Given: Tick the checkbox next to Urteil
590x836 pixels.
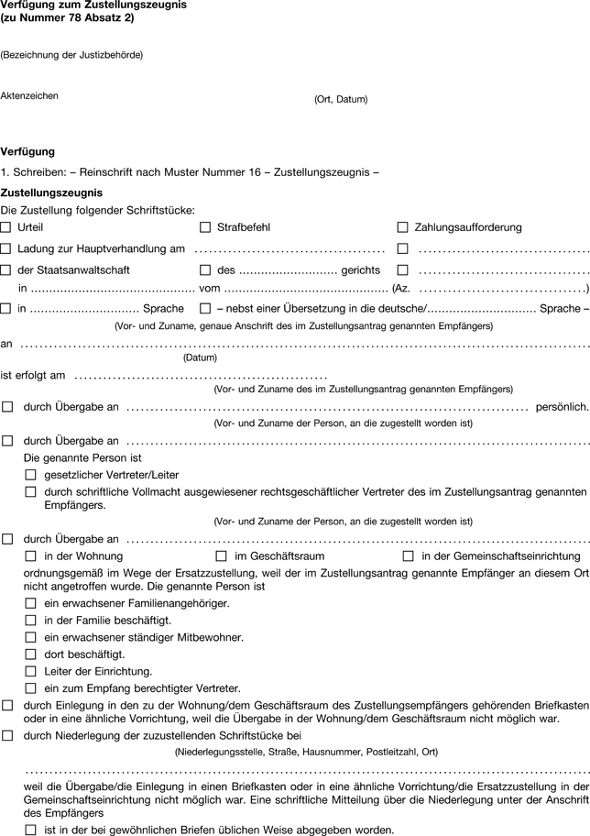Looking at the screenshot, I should tap(6, 226).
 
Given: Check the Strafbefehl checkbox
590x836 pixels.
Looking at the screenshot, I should tap(205, 226).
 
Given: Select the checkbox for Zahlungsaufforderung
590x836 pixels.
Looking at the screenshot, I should tap(403, 226).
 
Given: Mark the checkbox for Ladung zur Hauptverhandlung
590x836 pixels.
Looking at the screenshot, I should tap(6, 248).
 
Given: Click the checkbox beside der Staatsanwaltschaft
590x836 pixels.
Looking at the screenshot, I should tap(6, 270).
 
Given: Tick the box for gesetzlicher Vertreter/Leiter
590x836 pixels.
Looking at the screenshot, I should tap(31, 474).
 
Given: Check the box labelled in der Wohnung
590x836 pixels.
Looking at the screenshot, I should tap(31, 556).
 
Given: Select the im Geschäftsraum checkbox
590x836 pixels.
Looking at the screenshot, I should tap(221, 556).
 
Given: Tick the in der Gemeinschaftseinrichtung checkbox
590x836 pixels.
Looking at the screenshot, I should tap(409, 556).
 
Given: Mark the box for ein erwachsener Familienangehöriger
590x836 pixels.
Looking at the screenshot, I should tap(31, 604).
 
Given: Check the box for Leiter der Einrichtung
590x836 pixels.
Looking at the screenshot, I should tap(31, 671).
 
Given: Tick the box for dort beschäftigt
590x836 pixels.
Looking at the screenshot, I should tap(31, 654).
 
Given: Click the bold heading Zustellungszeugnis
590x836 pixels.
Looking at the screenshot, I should tap(51, 192).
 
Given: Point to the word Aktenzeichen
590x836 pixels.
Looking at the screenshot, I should tap(30, 94).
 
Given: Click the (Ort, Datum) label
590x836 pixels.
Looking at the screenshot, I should tap(340, 99).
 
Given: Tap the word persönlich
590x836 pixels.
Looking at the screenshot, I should tap(561, 406).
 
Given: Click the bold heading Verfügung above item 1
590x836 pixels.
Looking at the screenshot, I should tap(28, 151).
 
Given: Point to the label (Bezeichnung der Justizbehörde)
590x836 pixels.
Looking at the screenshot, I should tap(71, 55).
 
